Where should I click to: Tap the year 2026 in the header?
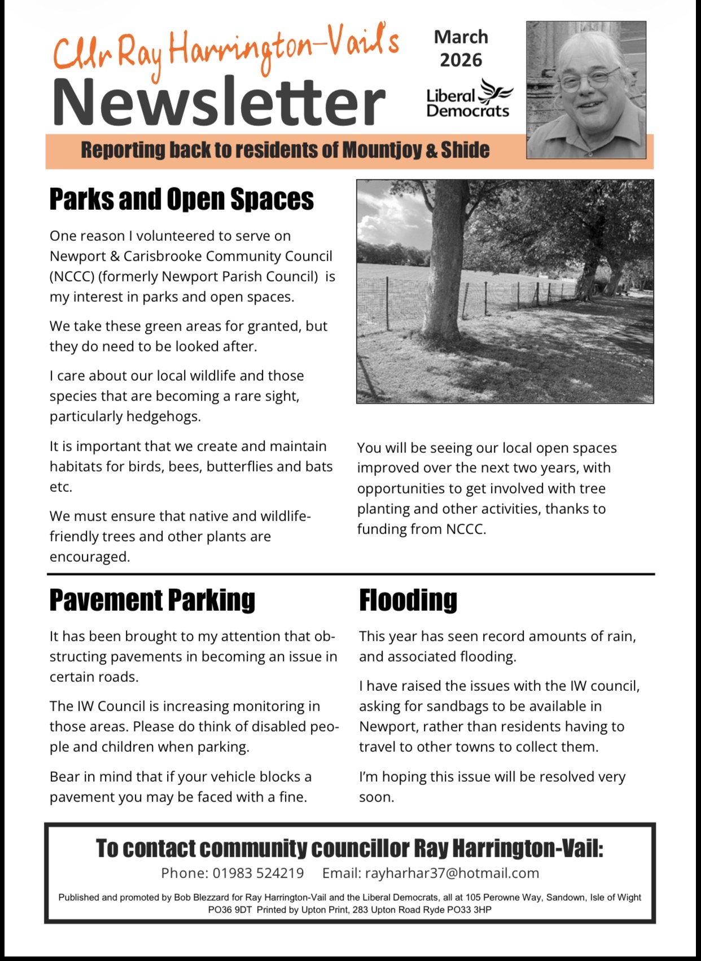(x=461, y=60)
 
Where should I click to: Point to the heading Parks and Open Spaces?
(x=181, y=199)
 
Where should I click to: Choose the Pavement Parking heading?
(x=152, y=600)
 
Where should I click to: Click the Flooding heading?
(x=408, y=600)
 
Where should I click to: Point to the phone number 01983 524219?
(x=258, y=874)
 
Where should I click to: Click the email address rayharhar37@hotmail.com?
(x=452, y=874)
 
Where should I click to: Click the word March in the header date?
(x=461, y=37)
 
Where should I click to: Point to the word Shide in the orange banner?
(x=465, y=151)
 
